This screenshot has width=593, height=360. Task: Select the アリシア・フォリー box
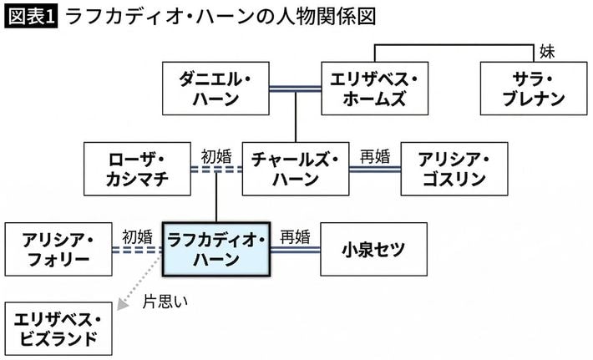[x=58, y=248]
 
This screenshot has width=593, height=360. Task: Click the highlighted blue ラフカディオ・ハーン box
[x=216, y=248]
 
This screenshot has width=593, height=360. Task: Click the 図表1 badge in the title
[x=31, y=15]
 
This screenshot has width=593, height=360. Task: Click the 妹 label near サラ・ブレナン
[x=547, y=52]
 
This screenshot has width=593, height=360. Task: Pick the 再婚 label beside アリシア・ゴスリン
[x=374, y=155]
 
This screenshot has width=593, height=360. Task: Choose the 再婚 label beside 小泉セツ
[x=295, y=236]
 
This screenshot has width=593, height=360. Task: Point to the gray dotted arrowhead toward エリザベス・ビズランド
[x=122, y=307]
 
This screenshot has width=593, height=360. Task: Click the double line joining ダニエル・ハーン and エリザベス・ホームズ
[x=296, y=87]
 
